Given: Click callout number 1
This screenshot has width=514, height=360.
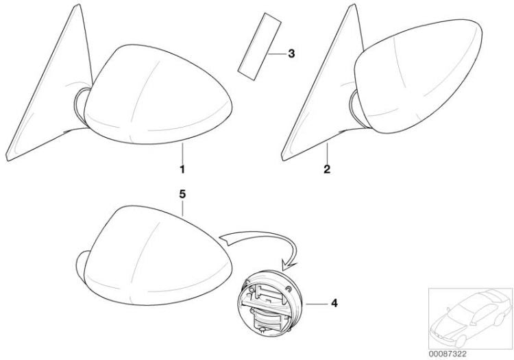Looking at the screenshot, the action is (x=182, y=169).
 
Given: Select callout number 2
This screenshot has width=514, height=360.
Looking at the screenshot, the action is (x=327, y=169).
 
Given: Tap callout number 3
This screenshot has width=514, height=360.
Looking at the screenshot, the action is (x=291, y=53).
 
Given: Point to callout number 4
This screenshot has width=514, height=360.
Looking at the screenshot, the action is (x=334, y=303).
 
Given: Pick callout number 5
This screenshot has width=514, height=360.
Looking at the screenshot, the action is (x=182, y=194).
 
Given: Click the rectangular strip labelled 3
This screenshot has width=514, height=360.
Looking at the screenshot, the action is (x=259, y=46).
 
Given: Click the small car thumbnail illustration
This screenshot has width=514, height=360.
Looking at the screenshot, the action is (x=470, y=318).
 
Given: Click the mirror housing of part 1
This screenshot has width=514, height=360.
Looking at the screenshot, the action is (x=158, y=95).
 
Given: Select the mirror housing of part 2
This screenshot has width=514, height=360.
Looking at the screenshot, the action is (x=419, y=76).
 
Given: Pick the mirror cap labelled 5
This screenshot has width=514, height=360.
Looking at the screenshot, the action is (x=154, y=256).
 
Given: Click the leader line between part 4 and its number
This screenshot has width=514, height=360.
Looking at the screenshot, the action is (x=317, y=304).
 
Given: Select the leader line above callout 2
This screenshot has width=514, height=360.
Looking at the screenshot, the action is (x=327, y=153).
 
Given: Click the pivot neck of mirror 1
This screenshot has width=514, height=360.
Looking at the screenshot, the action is (x=82, y=106).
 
